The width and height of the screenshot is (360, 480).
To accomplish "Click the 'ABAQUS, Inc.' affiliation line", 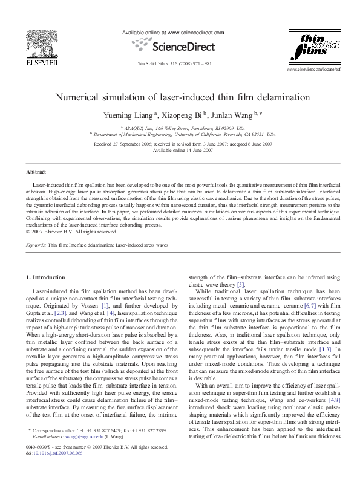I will coord(182,129).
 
